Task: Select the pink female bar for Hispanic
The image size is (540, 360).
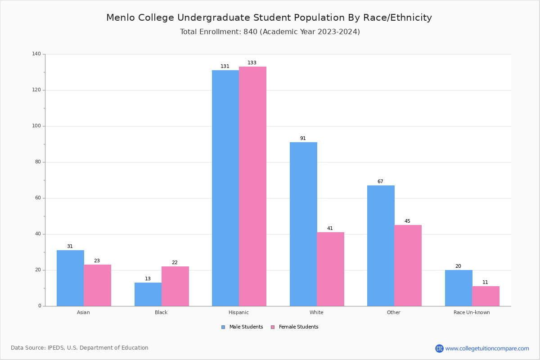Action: coord(252,186)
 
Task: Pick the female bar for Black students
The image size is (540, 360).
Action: coord(175,286)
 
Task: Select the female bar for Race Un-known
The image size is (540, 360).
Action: coord(486,296)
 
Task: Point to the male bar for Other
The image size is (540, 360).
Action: coord(381,246)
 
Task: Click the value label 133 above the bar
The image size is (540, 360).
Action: coord(252,63)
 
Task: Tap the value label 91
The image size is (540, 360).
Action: coord(303,139)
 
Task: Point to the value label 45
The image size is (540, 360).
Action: coord(407,221)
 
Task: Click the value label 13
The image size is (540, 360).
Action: coord(148,279)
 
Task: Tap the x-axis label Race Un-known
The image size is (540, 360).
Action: coord(472,312)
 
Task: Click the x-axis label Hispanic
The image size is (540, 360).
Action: coord(238,312)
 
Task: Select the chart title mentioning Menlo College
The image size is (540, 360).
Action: coord(269,18)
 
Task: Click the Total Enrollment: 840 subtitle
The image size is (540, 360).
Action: coord(270,32)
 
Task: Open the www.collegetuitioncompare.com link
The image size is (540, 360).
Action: coord(487,348)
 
